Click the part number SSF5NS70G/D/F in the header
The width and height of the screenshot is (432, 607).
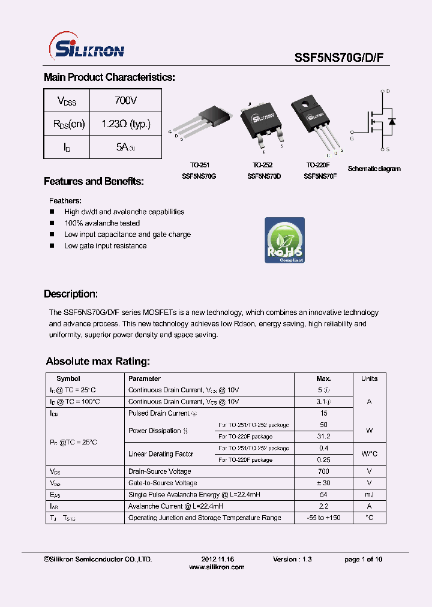(x=343, y=58)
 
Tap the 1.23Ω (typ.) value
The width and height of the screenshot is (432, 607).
(x=125, y=124)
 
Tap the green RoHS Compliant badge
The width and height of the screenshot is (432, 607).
(x=284, y=240)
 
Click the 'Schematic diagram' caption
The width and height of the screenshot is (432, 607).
(x=374, y=169)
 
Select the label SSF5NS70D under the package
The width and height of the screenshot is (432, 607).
(x=264, y=176)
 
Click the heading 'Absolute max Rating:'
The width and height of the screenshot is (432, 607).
(x=98, y=362)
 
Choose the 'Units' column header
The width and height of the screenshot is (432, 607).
(x=369, y=378)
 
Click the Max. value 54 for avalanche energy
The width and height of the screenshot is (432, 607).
(x=323, y=494)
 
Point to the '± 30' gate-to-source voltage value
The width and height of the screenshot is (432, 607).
(x=323, y=483)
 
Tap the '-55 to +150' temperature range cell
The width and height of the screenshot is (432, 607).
(x=323, y=518)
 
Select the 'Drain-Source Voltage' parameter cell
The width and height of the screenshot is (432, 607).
(x=160, y=471)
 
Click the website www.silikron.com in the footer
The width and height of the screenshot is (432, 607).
(x=217, y=567)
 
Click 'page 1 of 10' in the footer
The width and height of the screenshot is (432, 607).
(x=363, y=559)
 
